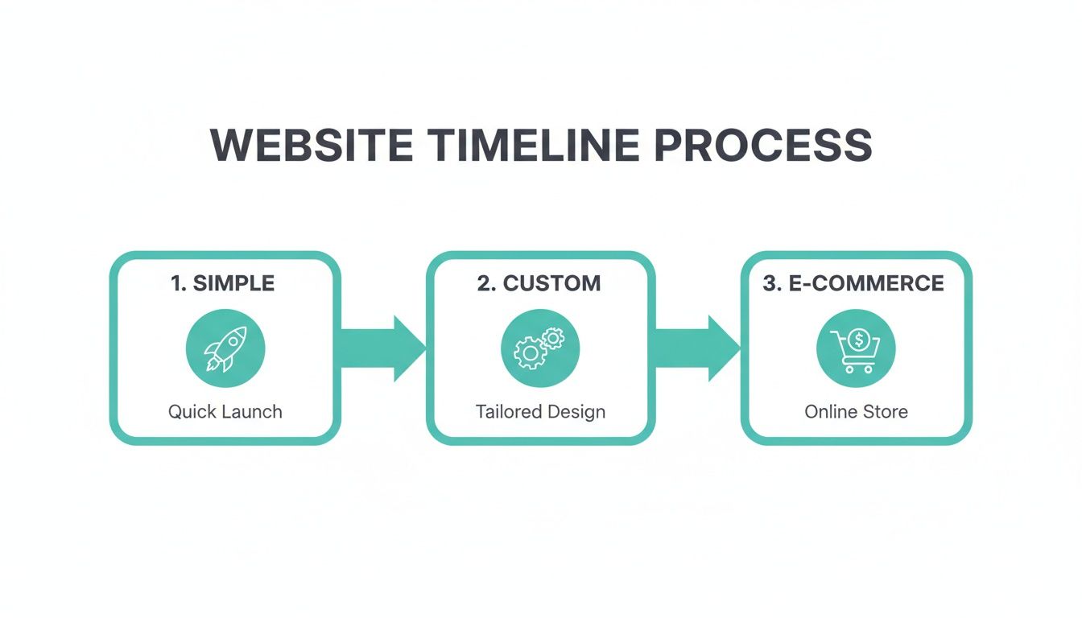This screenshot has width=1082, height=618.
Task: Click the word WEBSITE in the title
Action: click(312, 146)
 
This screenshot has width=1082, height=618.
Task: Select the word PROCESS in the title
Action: click(762, 146)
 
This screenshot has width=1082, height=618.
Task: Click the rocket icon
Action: click(225, 348)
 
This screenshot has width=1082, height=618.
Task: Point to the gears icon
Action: click(540, 348)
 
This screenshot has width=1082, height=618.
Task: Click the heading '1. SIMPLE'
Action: click(223, 283)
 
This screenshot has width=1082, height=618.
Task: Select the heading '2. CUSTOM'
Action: click(539, 283)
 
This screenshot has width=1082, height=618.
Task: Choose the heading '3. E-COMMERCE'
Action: click(853, 283)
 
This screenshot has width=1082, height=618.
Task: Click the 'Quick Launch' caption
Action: click(225, 412)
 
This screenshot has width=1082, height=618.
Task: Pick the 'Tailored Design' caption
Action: click(540, 412)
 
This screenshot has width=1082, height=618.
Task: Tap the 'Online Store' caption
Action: click(856, 412)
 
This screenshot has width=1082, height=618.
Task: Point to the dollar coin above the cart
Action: click(859, 340)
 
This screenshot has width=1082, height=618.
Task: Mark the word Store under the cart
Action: click(885, 412)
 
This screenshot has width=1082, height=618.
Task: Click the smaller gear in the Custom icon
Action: click(553, 339)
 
